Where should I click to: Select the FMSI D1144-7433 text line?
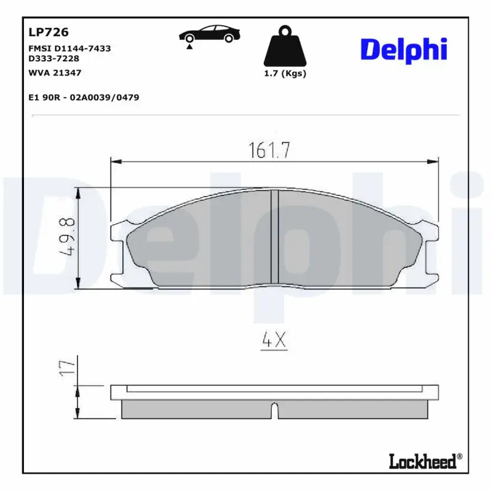pos(69,48)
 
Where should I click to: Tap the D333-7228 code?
pos(54,59)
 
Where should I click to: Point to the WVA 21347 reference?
pos(55,72)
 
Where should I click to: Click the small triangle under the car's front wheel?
pos(190,46)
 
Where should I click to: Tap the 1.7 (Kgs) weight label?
pos(285,74)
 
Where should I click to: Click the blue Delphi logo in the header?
pos(403,50)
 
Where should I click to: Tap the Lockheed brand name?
pos(423,460)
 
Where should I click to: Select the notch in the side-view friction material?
pos(275,409)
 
